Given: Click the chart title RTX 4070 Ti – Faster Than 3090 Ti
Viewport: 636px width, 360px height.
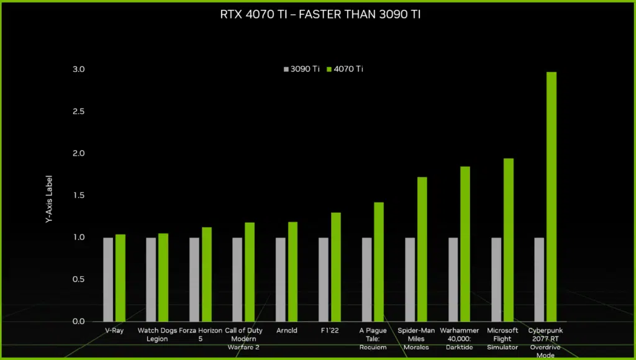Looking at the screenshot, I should pyautogui.click(x=318, y=14).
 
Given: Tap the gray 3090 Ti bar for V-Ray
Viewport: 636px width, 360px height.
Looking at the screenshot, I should pyautogui.click(x=108, y=279).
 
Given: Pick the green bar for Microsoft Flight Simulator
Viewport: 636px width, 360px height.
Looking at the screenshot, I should pyautogui.click(x=509, y=240).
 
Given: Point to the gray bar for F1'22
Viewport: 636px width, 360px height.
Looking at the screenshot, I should pyautogui.click(x=324, y=279).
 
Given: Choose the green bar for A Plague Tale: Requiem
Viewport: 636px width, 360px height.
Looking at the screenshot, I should pyautogui.click(x=379, y=261).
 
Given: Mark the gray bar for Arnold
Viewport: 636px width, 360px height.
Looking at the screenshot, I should pyautogui.click(x=281, y=279).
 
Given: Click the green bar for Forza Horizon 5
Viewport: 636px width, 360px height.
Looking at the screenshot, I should pyautogui.click(x=207, y=274).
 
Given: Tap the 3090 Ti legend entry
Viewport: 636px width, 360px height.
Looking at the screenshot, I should pyautogui.click(x=302, y=69).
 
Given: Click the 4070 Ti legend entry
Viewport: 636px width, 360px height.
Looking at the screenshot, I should pyautogui.click(x=345, y=69).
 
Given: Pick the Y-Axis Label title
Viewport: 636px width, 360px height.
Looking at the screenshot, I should pyautogui.click(x=50, y=199).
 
